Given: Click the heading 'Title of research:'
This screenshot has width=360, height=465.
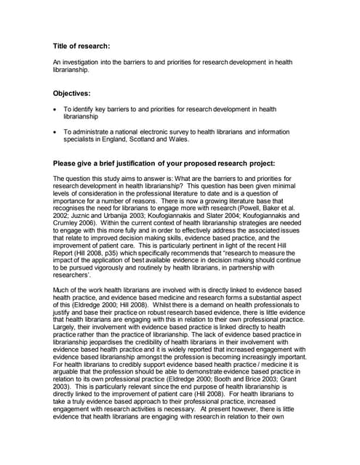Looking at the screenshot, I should (x=81, y=46).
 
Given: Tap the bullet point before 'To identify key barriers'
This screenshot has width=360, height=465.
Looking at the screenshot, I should (x=56, y=109).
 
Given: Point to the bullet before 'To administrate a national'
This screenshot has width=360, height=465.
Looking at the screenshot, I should (x=56, y=132).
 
